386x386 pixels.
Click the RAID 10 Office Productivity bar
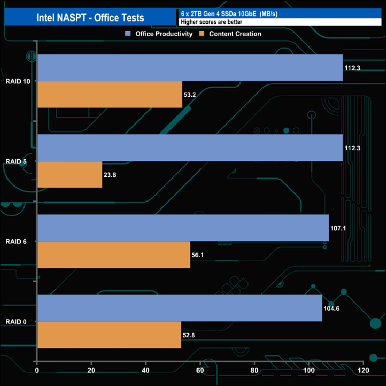[190, 68]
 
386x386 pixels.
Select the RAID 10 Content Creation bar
[110, 94]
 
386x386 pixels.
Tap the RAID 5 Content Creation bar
[69, 175]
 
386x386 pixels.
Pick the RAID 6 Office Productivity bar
[183, 228]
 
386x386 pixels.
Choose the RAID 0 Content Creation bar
[109, 335]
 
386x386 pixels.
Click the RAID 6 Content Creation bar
[113, 255]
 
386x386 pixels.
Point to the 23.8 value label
[111, 175]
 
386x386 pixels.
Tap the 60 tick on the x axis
[200, 371]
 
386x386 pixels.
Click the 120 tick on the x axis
[363, 371]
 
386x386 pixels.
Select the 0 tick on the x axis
[37, 371]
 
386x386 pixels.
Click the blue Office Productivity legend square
[128, 34]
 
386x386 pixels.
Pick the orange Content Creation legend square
[202, 34]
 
